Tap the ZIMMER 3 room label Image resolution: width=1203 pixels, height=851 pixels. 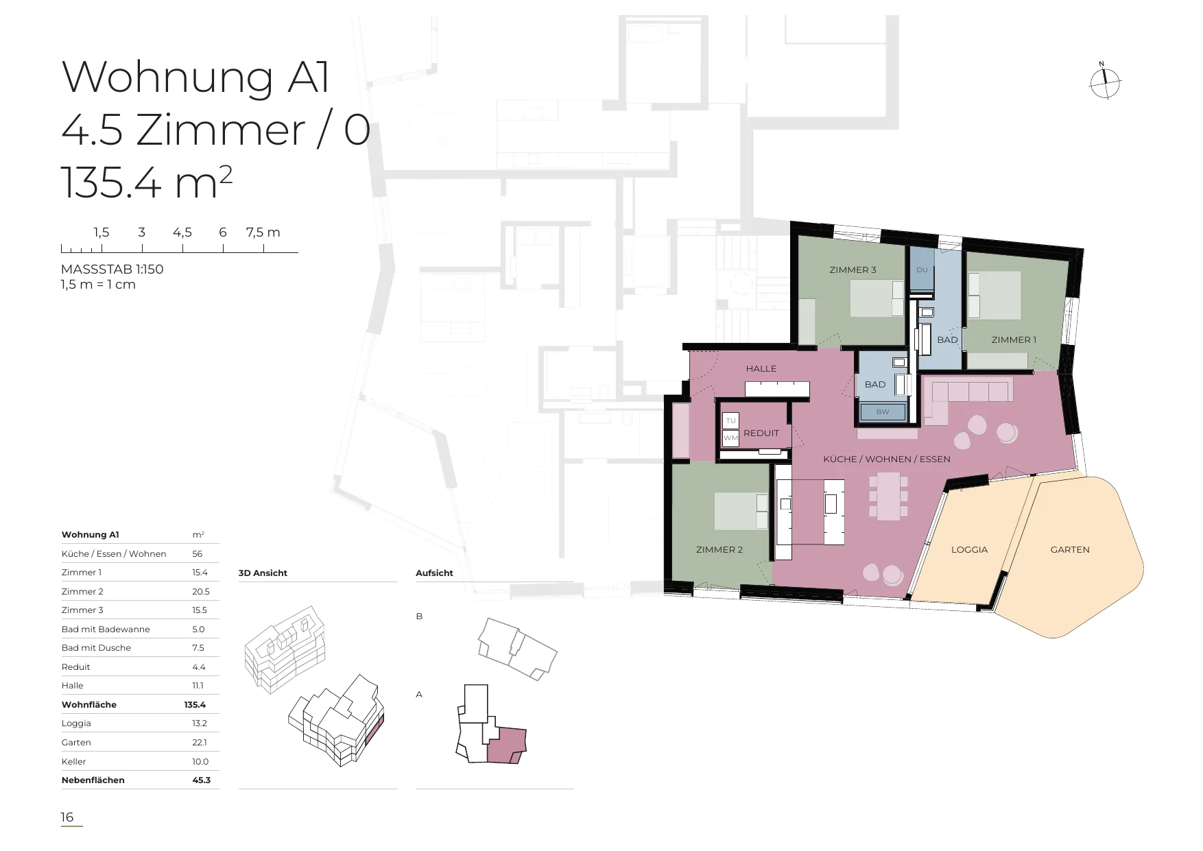pos(853,270)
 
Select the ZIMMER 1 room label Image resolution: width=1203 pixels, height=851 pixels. pos(1014,340)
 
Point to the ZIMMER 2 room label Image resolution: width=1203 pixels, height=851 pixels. pos(719,550)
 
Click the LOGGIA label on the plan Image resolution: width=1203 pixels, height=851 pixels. pos(969,550)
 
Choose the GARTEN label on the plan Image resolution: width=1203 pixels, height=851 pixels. pos(1070,550)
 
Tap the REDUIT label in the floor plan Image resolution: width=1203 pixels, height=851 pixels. pos(761,433)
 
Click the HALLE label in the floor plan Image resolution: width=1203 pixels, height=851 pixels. pos(761,369)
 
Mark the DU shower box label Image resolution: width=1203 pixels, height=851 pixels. pos(922,270)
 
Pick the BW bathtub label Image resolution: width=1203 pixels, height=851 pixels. pos(883,412)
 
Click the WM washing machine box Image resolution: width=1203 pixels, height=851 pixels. pos(730,438)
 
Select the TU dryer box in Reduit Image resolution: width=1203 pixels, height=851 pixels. pos(730,421)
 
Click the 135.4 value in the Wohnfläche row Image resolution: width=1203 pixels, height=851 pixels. pos(195,705)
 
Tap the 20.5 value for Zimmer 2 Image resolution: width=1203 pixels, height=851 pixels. pos(201,592)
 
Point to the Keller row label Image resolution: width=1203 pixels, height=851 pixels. pos(74,762)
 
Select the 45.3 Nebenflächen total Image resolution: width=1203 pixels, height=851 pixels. pos(202,780)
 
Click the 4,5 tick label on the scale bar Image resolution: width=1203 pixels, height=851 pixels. pos(182,232)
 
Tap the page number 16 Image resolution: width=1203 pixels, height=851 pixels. pos(67,817)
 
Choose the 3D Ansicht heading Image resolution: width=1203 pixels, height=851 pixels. pos(263,573)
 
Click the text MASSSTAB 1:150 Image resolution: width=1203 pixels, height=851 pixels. pos(112,269)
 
